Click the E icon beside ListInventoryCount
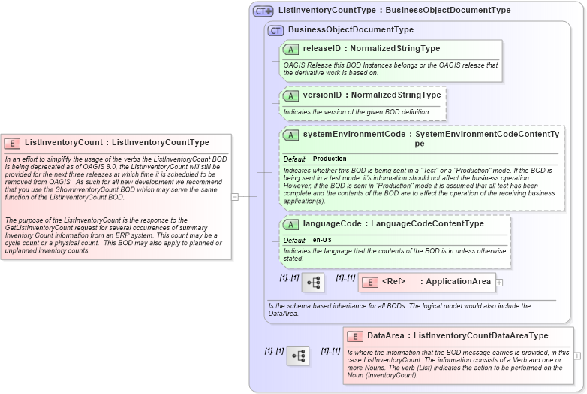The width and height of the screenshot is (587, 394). (12, 142)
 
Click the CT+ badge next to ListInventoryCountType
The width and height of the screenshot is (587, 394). (263, 11)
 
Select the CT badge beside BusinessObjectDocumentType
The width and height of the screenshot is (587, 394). (275, 30)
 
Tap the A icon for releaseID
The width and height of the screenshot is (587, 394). (290, 49)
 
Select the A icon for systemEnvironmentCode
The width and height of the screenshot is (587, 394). (290, 135)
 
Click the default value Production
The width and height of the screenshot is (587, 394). (330, 159)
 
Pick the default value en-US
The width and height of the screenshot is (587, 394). (322, 240)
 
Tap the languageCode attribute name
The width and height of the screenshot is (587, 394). (331, 223)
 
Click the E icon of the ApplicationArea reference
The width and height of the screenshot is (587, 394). (369, 283)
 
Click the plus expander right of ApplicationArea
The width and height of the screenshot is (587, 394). (499, 283)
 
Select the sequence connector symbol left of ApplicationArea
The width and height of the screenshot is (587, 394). (312, 283)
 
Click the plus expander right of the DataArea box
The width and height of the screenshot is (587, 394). (577, 356)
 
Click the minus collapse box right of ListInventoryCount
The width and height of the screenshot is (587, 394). (235, 197)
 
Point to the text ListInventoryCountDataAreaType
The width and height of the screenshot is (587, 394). (480, 336)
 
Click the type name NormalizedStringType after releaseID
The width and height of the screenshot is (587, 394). (397, 48)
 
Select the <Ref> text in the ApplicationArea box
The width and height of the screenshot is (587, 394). (393, 282)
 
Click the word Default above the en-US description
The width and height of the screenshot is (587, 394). (293, 240)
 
